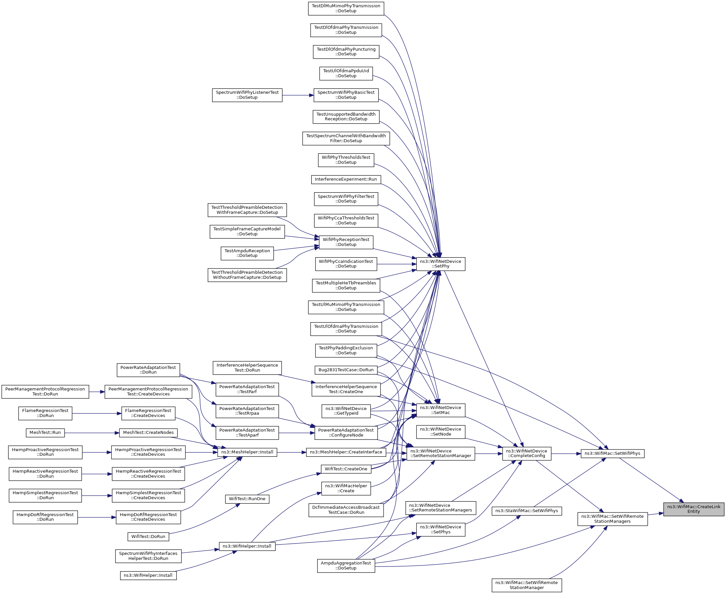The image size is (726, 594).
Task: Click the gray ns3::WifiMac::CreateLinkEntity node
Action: tap(693, 509)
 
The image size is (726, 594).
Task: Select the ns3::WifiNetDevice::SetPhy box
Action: tap(440, 264)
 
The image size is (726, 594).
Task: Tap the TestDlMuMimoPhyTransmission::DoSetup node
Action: tap(346, 9)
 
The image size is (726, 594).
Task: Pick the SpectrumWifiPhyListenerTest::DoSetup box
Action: tap(247, 95)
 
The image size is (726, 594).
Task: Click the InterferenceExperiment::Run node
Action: tap(346, 179)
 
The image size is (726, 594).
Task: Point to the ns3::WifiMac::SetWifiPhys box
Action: tap(612, 454)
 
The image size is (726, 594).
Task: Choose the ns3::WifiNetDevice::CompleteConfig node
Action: tap(526, 454)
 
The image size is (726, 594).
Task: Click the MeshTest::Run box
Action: tap(45, 433)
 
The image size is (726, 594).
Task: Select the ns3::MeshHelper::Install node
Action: tap(247, 452)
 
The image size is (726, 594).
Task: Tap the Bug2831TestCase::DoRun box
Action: tap(346, 370)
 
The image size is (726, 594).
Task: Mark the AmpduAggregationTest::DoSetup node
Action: tap(346, 565)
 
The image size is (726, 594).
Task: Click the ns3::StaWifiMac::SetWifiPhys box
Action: tap(526, 511)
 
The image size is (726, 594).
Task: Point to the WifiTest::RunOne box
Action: tap(247, 499)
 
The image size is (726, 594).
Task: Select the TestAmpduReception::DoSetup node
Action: tap(247, 253)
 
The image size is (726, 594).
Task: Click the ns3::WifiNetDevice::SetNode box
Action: tap(440, 432)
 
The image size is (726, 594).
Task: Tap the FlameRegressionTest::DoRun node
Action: tap(45, 413)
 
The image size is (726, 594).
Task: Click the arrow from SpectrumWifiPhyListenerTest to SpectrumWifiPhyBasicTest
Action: tap(298, 95)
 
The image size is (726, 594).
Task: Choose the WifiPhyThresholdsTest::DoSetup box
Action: tap(346, 160)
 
